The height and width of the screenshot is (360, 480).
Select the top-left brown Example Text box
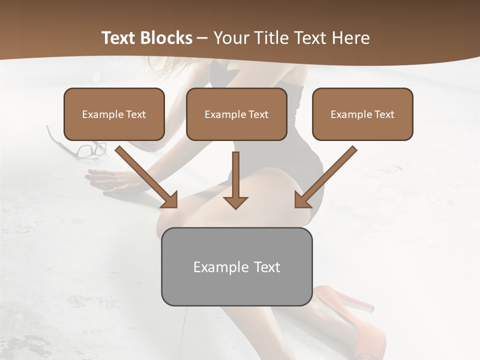[x=114, y=114]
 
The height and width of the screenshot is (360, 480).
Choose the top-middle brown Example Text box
[x=236, y=114]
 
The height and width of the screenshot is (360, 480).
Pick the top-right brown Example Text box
[x=362, y=114]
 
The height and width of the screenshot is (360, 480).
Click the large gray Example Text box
[x=236, y=266]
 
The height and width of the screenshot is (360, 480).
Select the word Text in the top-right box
[x=384, y=114]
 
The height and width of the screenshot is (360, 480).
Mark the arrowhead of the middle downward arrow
[x=235, y=202]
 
